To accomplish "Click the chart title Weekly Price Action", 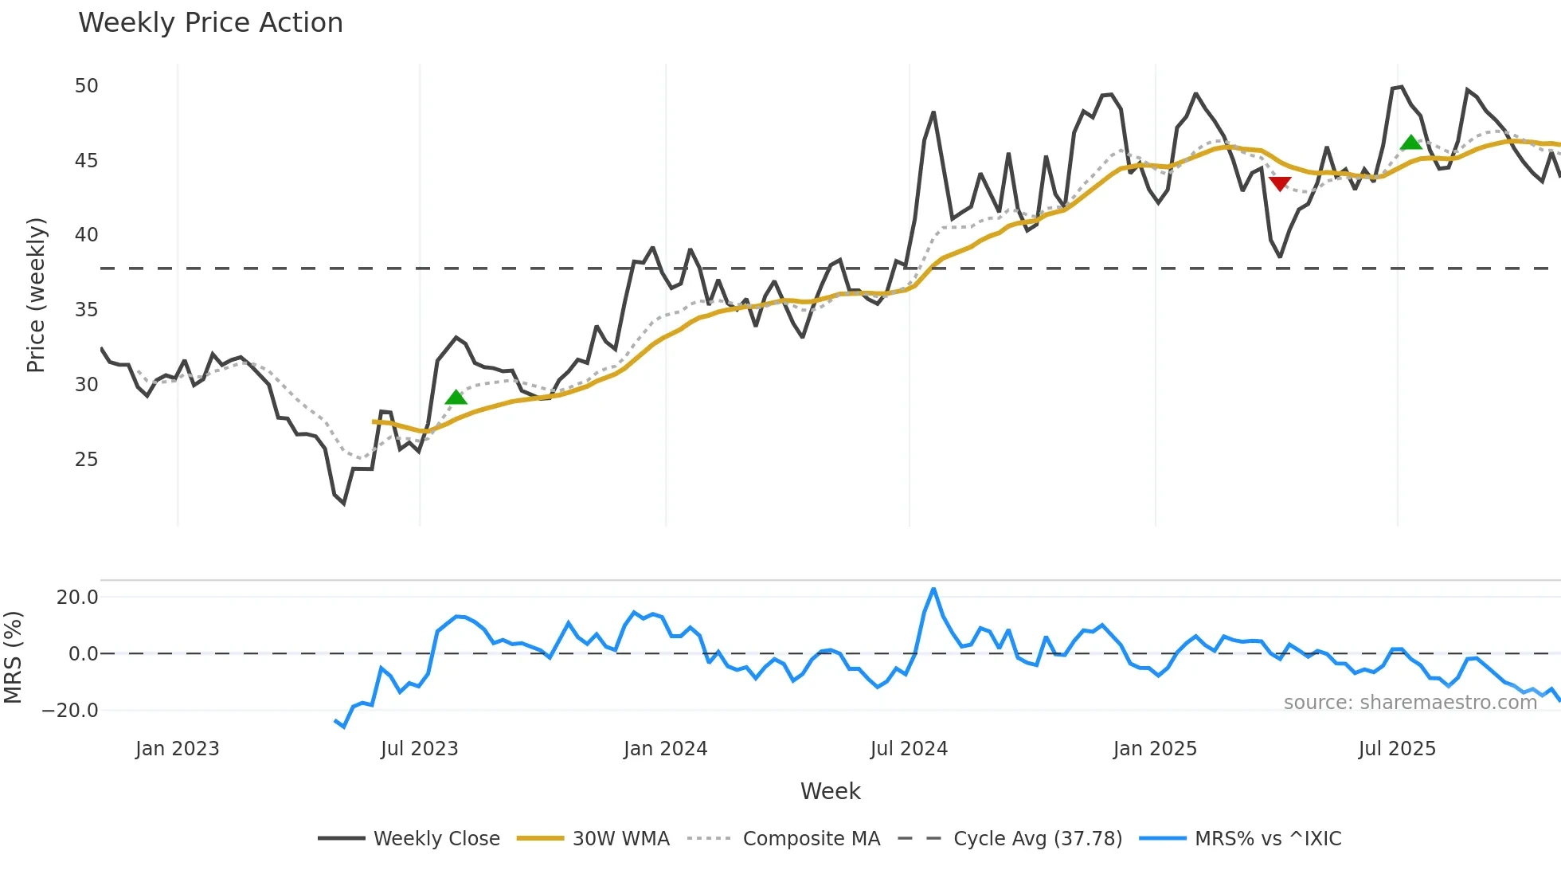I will pos(210,23).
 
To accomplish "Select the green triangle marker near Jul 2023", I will pos(456,397).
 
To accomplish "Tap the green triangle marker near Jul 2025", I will pos(1410,143).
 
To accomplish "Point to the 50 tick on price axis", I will pos(86,86).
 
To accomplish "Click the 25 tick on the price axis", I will pos(86,460).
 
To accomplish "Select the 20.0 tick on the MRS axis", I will pos(77,598).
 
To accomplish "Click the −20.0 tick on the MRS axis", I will pos(70,711).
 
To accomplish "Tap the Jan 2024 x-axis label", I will pos(665,749).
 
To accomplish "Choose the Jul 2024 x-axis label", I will pos(909,749).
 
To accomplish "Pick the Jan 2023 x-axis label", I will pos(177,749).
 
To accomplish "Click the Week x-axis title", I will pos(830,791).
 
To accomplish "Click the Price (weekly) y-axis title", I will pos(36,295).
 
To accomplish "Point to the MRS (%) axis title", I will pos(13,657).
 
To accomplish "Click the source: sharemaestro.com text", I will pos(1410,703).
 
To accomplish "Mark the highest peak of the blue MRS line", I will pos(933,590).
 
